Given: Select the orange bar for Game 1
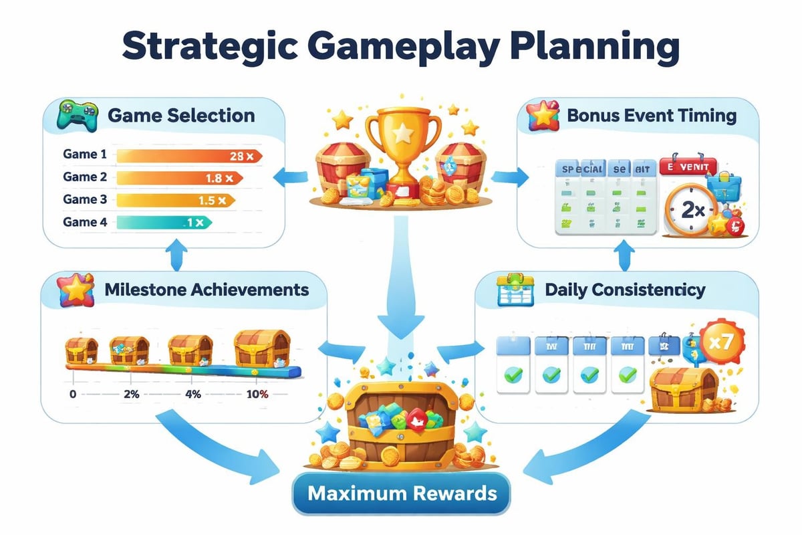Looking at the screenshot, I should pyautogui.click(x=187, y=156).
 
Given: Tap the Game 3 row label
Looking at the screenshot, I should pyautogui.click(x=85, y=199).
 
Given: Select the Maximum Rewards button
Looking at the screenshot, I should pyautogui.click(x=401, y=494).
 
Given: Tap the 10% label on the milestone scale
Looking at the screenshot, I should pyautogui.click(x=257, y=394).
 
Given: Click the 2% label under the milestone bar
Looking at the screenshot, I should pyautogui.click(x=131, y=394).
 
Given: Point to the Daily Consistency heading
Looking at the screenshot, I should pyautogui.click(x=625, y=290).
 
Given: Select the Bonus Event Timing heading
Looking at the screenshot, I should pyautogui.click(x=651, y=115).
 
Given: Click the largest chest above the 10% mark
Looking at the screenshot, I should pyautogui.click(x=262, y=347).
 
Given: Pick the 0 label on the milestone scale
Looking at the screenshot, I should pyautogui.click(x=72, y=394).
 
